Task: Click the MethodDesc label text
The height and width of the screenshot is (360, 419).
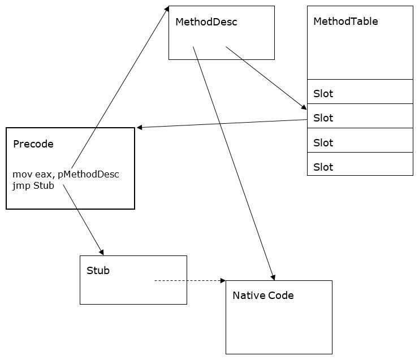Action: [x=206, y=23]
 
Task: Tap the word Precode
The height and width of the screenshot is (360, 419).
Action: [x=33, y=144]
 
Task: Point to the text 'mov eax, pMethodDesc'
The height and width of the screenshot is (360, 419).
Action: [x=66, y=174]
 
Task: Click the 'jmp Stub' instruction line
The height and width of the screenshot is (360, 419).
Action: [x=33, y=185]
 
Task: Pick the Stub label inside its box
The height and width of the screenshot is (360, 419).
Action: [x=98, y=271]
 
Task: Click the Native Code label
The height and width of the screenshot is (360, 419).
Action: [x=263, y=296]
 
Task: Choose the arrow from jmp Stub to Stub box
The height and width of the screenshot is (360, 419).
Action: [x=83, y=218]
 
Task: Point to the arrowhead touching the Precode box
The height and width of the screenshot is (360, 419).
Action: [x=140, y=128]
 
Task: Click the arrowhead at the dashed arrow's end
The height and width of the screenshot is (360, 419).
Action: [x=222, y=280]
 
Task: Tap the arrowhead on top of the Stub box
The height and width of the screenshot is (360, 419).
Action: [x=101, y=252]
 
